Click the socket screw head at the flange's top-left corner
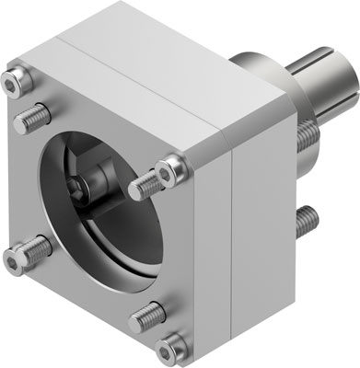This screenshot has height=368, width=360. (13, 82)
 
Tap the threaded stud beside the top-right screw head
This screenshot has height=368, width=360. (144, 190)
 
